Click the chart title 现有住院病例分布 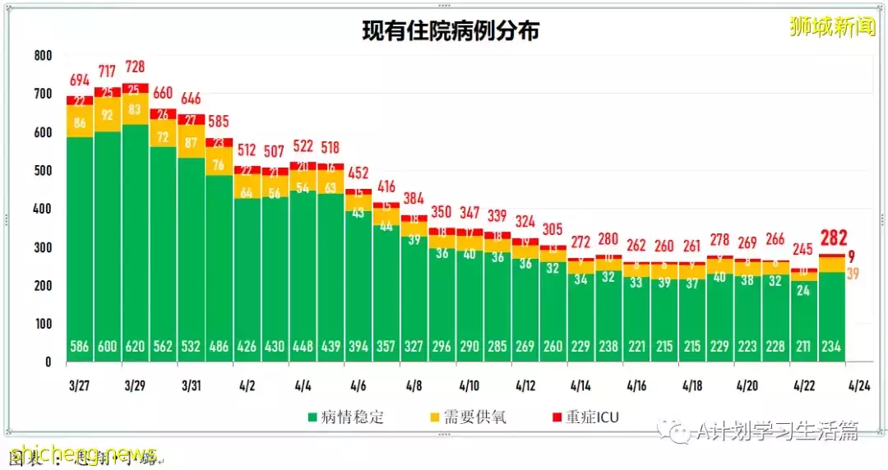451,31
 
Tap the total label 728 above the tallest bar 136,67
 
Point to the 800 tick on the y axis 43,56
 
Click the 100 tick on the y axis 43,324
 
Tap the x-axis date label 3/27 80,385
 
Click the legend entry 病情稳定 346,417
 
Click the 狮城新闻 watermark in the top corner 831,27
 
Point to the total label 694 80,81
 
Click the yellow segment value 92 109,114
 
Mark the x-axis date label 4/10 469,385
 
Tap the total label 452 358,173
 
